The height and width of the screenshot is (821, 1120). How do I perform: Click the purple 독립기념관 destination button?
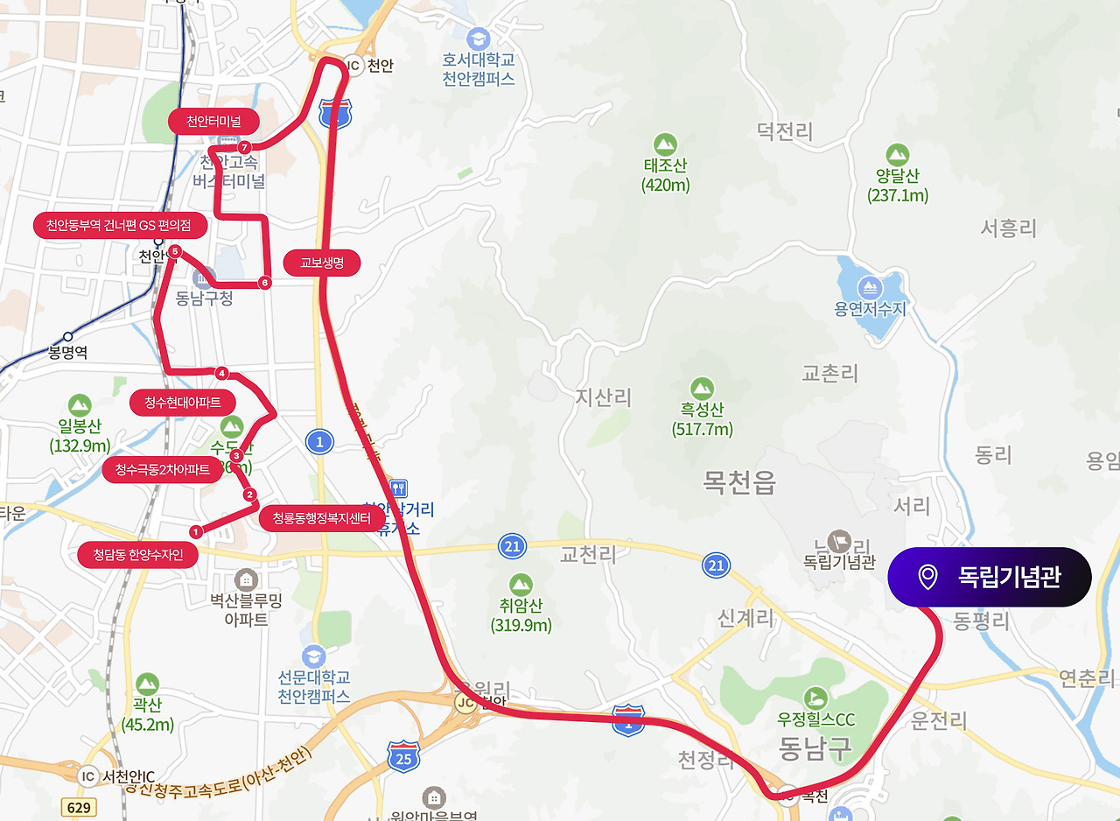pos(989,577)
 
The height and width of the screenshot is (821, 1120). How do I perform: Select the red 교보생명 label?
pos(322,263)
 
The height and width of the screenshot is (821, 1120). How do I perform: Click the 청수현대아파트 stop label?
pos(183,403)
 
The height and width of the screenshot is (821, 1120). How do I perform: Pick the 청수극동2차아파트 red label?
pos(163,470)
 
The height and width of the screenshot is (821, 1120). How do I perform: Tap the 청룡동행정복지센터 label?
pos(322,518)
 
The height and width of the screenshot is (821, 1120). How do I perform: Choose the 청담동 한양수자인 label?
pos(137,555)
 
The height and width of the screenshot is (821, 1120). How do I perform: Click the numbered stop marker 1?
pos(196,530)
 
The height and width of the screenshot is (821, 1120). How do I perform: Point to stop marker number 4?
pos(221,374)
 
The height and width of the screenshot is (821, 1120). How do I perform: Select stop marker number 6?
pos(264,283)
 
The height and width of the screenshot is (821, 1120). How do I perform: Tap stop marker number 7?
pos(244,147)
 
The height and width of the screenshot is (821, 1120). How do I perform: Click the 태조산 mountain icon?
pos(665,144)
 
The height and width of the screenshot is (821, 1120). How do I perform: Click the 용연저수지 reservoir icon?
pos(870,287)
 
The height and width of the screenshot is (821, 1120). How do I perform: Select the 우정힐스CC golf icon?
pos(815,697)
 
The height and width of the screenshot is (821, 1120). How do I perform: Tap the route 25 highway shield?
pos(403,757)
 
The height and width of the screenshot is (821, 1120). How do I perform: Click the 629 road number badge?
pos(80,807)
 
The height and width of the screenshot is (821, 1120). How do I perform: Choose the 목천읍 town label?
pos(739,482)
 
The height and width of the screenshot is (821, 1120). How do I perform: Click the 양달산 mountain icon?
pos(898,155)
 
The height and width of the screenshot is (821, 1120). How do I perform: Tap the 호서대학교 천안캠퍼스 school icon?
pos(478,39)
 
